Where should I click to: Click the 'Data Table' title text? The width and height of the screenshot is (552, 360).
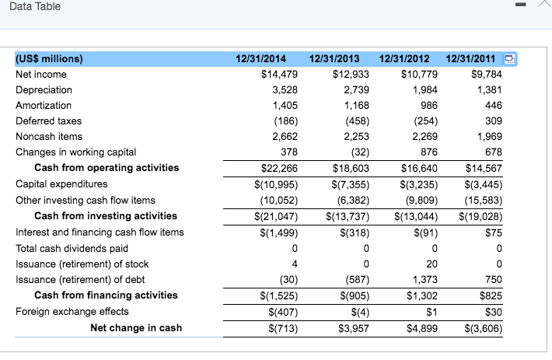coord(35,7)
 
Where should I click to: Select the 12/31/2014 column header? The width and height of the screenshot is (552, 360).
coord(260,58)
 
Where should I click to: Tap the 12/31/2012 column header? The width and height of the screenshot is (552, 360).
coord(405,58)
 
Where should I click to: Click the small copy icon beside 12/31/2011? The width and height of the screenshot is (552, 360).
coord(510,59)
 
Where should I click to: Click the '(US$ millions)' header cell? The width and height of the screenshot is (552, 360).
coord(49,58)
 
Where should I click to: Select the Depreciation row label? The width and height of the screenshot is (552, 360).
coord(44,90)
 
